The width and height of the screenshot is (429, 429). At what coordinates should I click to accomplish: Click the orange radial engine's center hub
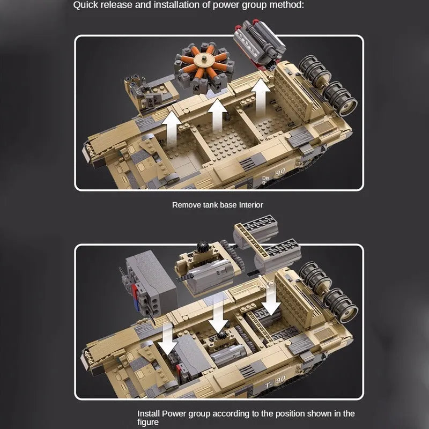(204, 58)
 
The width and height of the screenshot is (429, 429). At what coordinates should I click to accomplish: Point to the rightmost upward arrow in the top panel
(261, 97)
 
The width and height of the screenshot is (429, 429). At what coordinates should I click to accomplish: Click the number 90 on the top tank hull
(280, 172)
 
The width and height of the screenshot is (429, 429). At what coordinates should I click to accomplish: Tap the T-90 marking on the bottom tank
(276, 382)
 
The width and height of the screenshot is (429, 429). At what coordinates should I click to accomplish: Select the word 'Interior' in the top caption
(251, 205)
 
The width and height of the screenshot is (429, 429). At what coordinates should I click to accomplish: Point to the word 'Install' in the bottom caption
(149, 413)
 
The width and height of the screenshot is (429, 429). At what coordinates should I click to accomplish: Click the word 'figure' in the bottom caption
(148, 422)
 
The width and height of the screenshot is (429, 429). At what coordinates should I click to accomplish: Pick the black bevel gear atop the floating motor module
(203, 247)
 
